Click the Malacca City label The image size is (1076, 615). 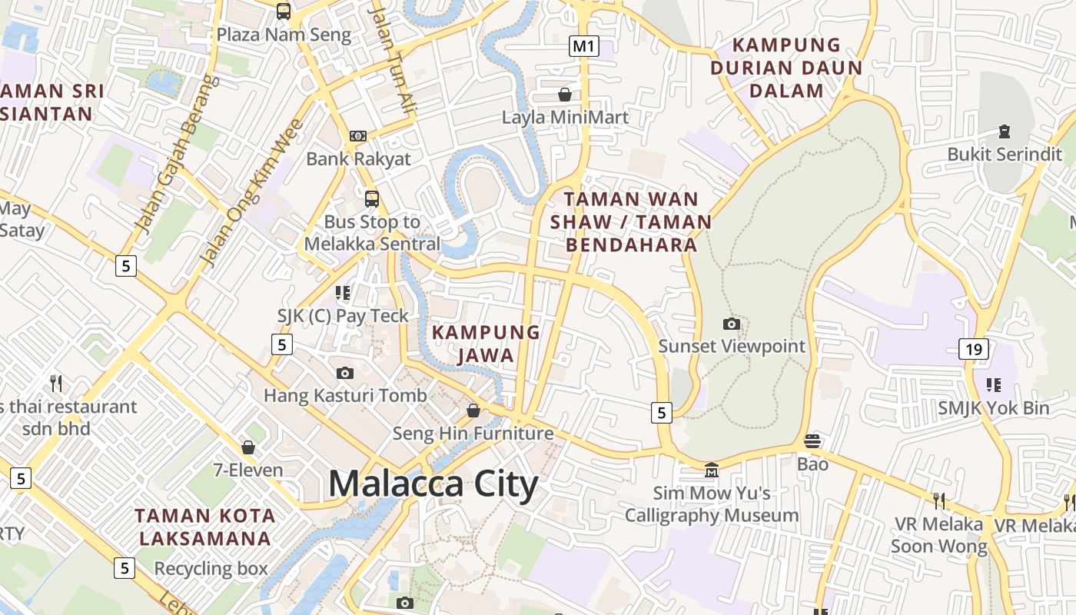(x=433, y=485)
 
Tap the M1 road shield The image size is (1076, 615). (x=583, y=46)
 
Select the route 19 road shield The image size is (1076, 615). (x=973, y=350)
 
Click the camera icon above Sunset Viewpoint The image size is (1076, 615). (x=732, y=324)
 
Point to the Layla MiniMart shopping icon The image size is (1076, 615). (x=565, y=95)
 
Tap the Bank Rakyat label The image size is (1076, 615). (x=359, y=159)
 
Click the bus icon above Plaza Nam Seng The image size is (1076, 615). (x=284, y=11)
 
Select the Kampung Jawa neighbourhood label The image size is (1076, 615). (x=486, y=344)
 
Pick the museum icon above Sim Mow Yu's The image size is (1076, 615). (x=712, y=469)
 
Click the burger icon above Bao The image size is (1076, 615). (x=812, y=441)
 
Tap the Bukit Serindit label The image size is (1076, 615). (x=1004, y=154)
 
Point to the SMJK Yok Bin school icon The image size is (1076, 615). (x=993, y=384)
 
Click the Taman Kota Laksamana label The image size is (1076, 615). (x=204, y=527)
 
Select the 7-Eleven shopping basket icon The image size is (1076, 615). (x=248, y=447)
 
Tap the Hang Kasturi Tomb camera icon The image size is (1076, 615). (x=345, y=374)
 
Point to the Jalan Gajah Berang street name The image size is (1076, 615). (x=176, y=154)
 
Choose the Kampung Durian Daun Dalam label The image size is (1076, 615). (x=786, y=68)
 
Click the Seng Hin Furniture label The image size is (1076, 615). (x=473, y=434)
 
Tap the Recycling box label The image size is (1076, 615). (x=211, y=569)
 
